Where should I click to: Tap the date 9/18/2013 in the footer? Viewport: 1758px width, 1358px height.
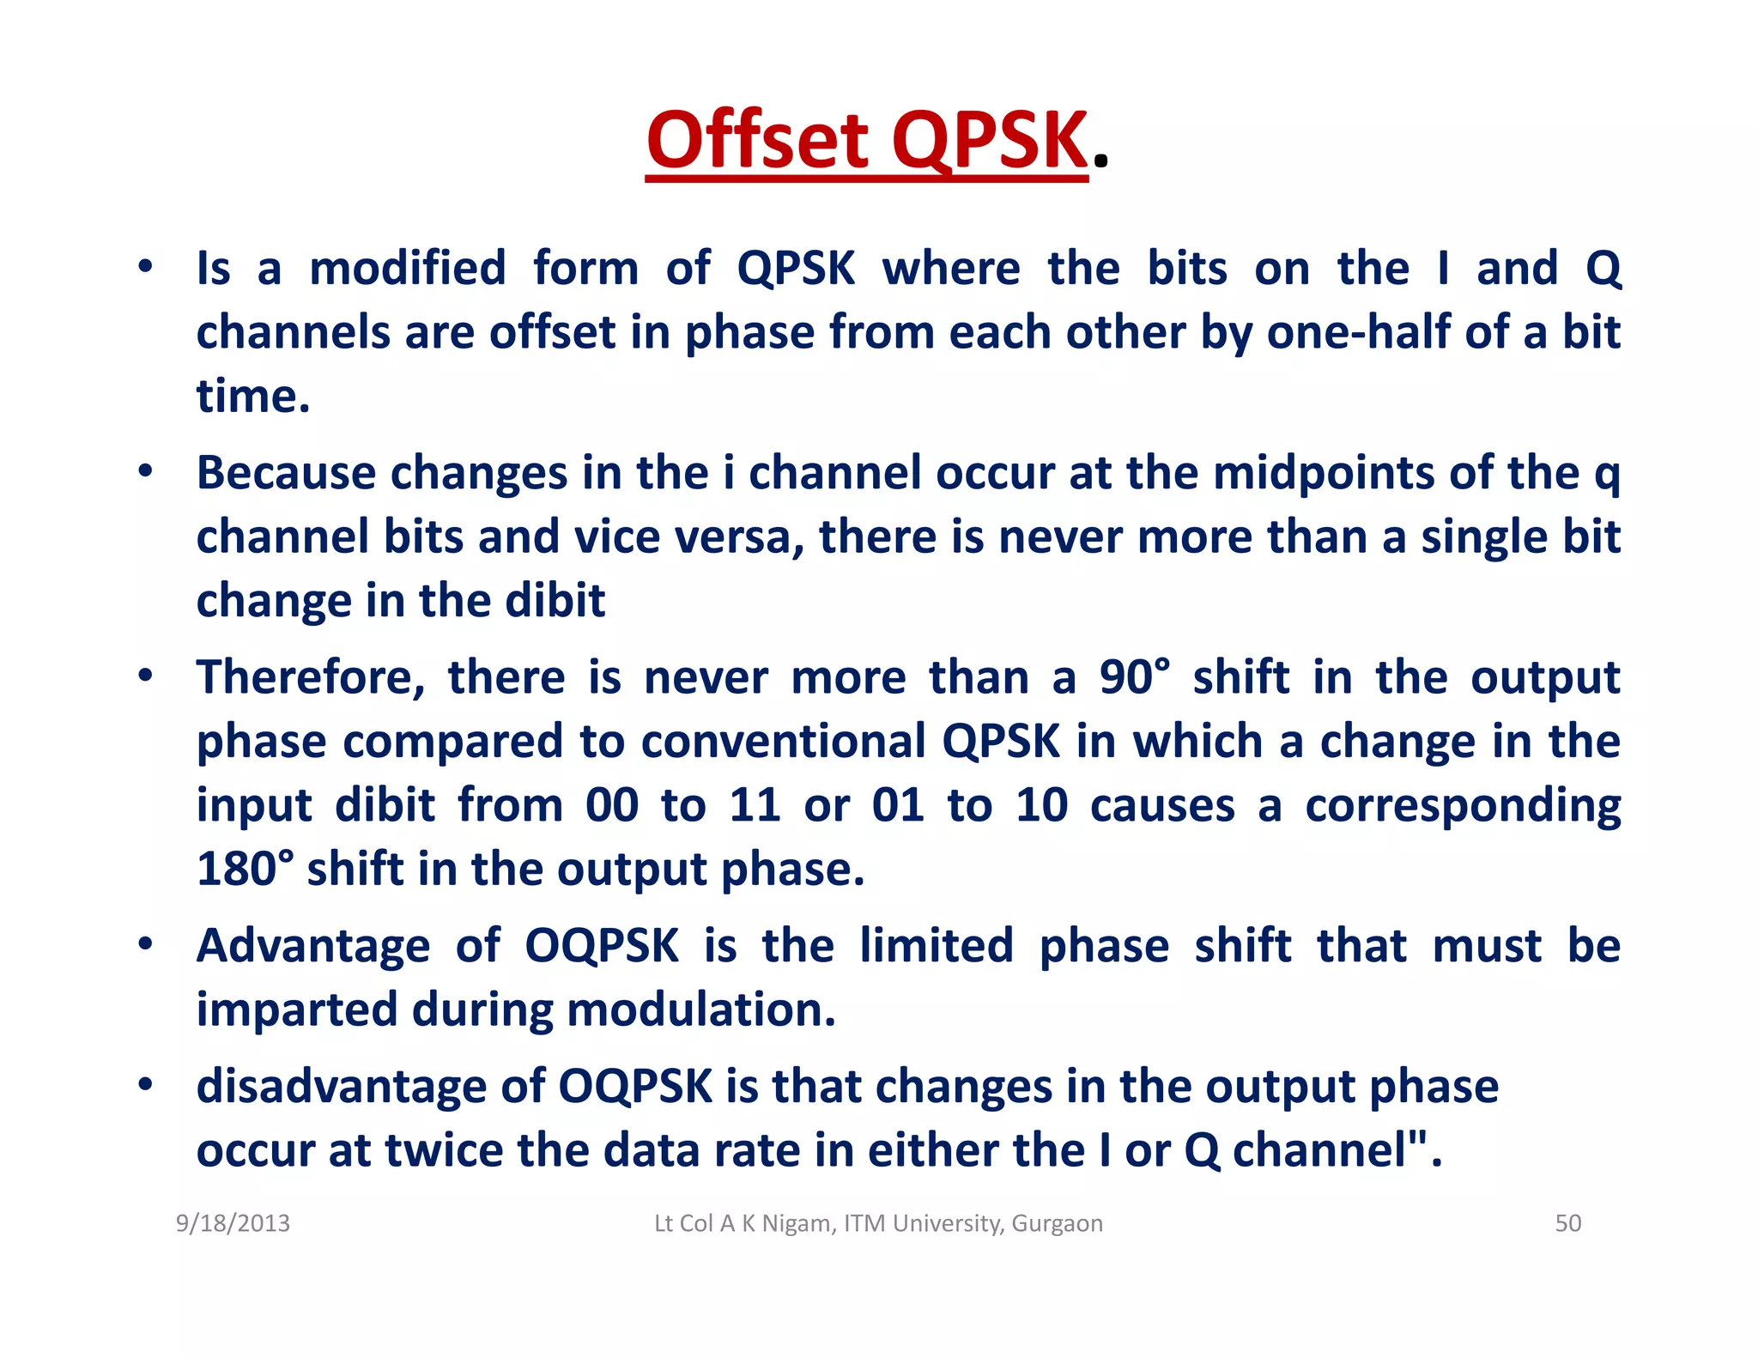coord(233,1222)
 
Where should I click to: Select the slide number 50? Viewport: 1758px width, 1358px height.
coord(1567,1222)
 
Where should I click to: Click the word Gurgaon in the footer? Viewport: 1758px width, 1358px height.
coord(1057,1222)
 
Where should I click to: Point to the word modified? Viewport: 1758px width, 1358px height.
coord(408,268)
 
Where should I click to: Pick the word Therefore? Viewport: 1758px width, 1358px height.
coord(310,677)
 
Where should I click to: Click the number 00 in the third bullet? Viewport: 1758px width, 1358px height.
coord(611,805)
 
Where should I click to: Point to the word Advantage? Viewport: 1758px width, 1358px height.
coord(313,946)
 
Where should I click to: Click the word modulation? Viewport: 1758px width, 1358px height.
coord(700,1009)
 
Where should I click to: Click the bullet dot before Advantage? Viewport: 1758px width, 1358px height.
coord(146,943)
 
